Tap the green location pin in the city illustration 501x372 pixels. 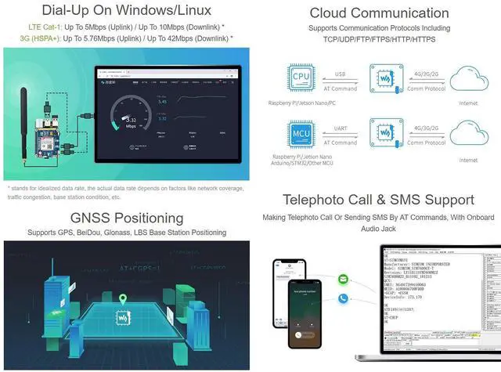123,299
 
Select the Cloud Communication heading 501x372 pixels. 379,13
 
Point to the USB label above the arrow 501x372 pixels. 341,75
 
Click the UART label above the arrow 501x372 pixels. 341,127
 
